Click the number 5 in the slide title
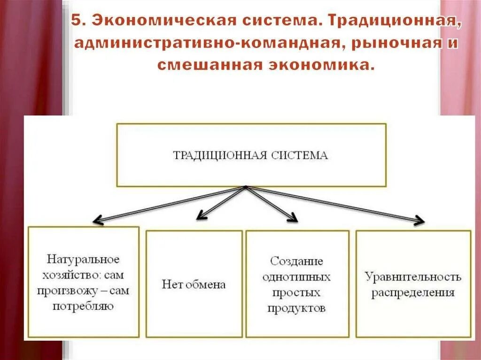tap(76, 22)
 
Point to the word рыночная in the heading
tap(398, 43)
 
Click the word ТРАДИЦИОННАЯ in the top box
tap(215, 155)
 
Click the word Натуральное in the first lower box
tap(83, 259)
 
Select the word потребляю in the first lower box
tap(83, 307)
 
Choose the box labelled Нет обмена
tap(194, 284)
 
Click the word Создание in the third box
tap(296, 260)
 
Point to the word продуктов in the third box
tap(296, 308)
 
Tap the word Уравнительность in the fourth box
tap(413, 276)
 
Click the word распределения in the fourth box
tap(413, 293)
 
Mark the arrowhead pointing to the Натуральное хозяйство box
tap(97, 220)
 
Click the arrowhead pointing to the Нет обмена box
tap(201, 215)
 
